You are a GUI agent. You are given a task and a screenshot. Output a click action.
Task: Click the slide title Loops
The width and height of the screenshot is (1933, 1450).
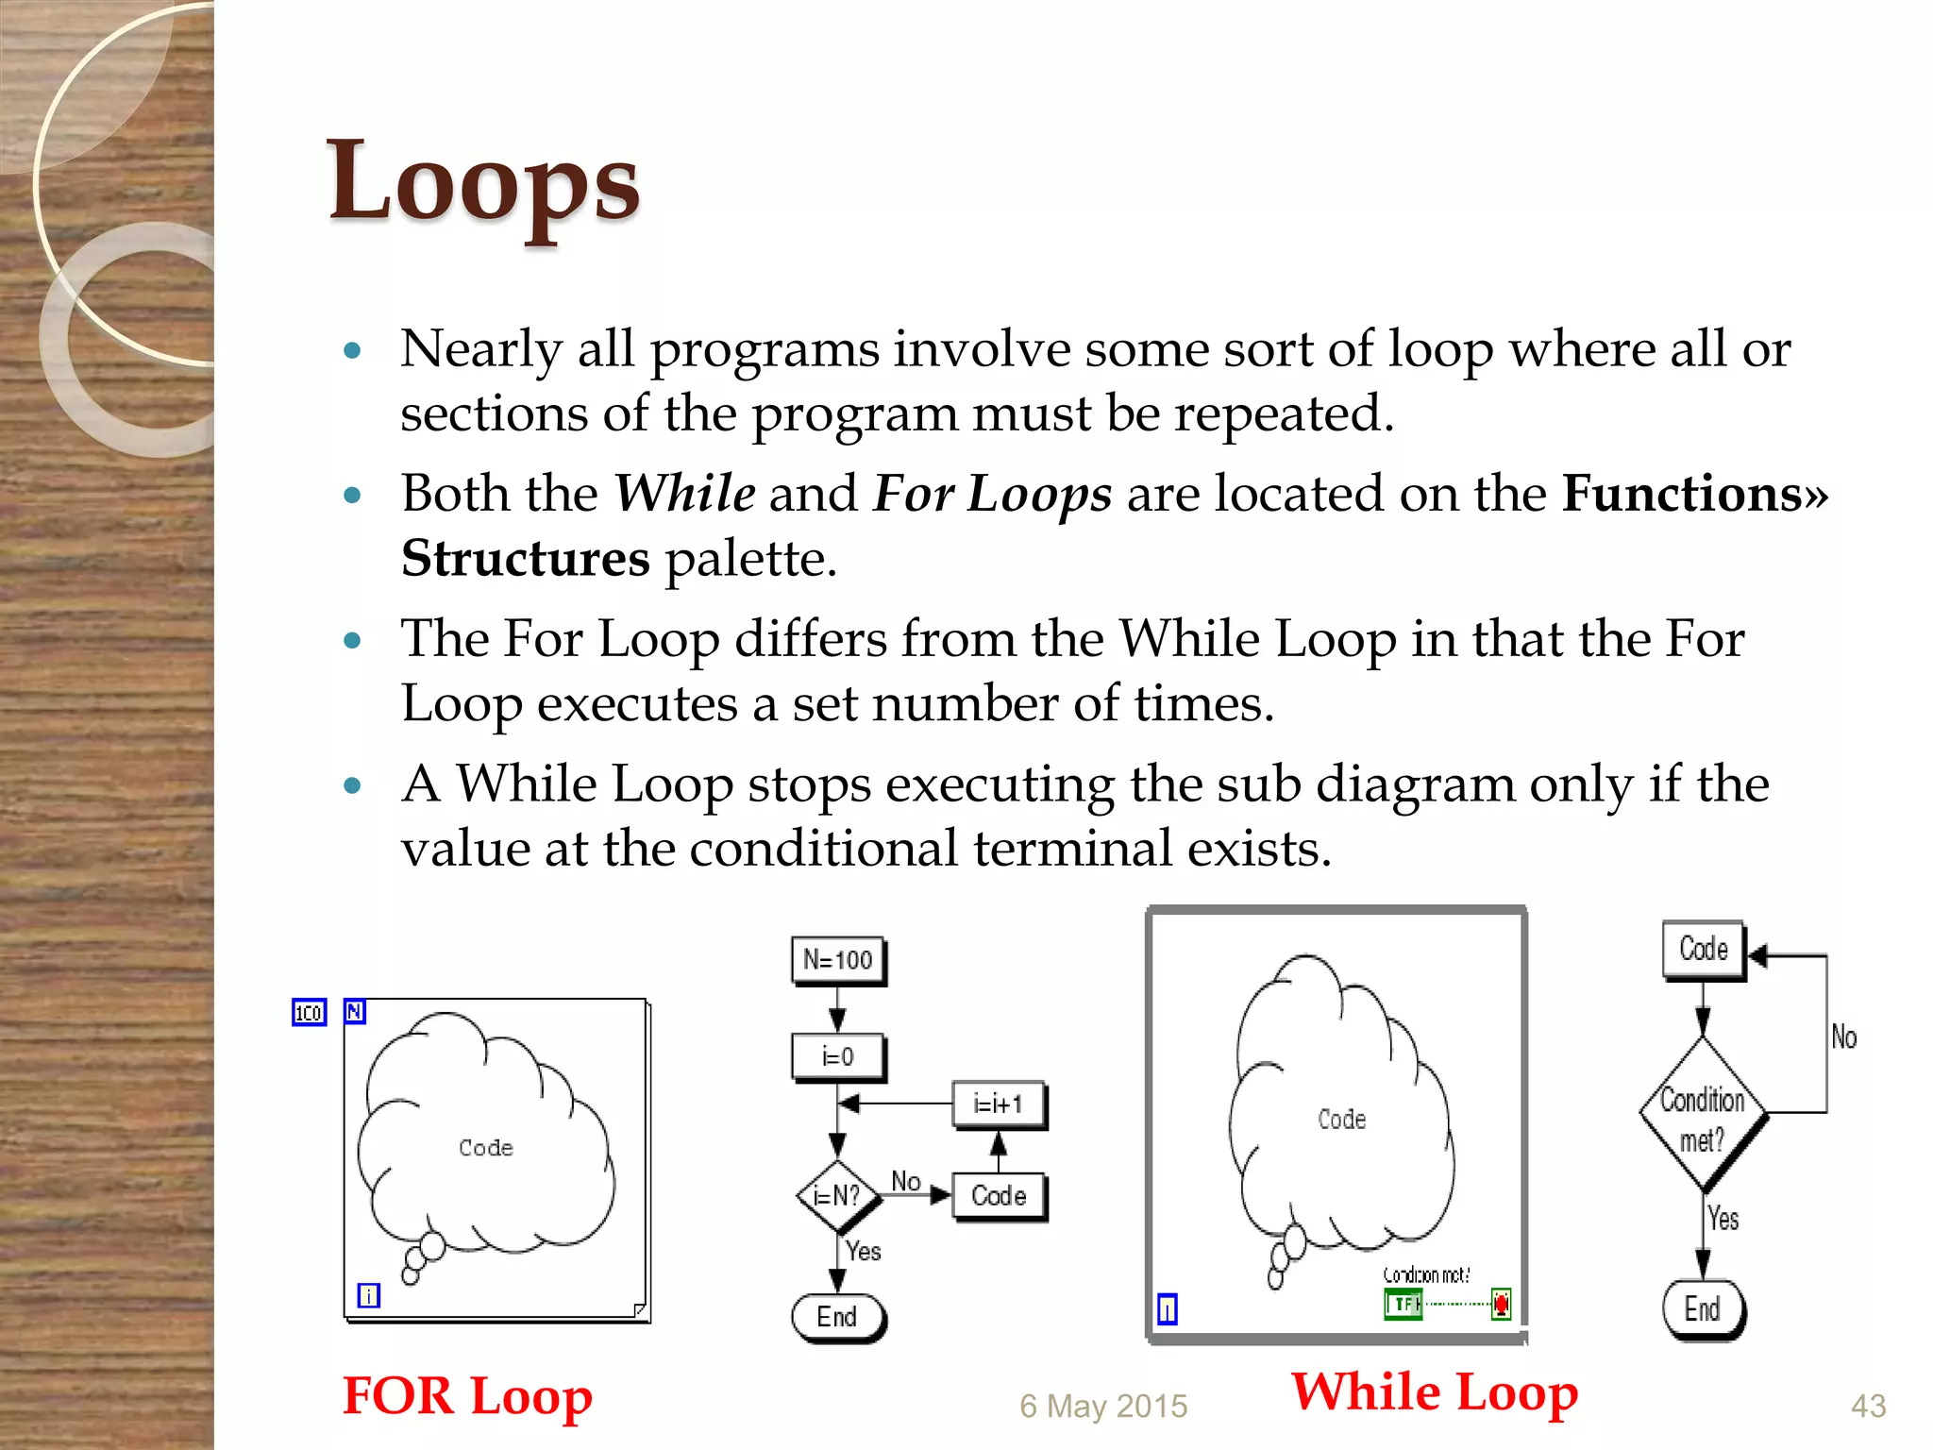pos(483,181)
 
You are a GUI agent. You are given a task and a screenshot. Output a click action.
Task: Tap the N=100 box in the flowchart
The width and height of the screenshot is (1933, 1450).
pos(837,960)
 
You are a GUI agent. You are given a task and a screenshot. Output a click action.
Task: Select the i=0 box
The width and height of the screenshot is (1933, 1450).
pos(837,1056)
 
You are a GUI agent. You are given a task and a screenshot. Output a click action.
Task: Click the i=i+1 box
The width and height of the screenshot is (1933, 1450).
pos(998,1104)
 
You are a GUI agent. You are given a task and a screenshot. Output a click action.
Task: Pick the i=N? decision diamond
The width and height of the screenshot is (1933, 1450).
pos(837,1196)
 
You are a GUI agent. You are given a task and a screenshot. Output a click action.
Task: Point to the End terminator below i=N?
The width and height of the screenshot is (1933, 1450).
pos(837,1316)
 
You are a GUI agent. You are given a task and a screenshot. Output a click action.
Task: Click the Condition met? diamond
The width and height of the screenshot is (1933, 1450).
pos(1703,1114)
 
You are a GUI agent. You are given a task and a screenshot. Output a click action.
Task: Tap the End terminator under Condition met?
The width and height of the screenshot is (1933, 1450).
pos(1703,1308)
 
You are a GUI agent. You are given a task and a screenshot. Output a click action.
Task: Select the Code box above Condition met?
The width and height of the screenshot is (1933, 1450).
pos(1704,949)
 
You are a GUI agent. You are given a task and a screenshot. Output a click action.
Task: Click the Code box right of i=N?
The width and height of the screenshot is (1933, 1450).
pos(999,1196)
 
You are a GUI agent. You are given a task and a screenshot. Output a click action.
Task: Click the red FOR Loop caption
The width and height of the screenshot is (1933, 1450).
pos(467,1396)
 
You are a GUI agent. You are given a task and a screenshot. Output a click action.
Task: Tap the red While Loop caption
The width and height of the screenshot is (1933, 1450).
pos(1435,1391)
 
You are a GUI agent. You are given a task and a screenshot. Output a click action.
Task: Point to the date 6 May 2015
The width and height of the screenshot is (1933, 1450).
pos(1103,1406)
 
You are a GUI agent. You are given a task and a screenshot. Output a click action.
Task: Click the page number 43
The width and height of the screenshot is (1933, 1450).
pos(1868,1406)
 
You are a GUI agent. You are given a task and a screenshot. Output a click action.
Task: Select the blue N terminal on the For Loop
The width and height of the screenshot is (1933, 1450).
pos(355,1011)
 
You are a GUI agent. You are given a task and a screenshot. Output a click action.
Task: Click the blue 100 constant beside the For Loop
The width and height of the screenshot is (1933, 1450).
pos(309,1013)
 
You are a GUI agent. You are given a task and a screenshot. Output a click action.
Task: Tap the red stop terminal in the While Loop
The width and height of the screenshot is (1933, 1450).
pos(1501,1305)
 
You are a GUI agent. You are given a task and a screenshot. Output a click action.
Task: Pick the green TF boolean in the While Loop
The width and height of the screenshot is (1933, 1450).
pos(1403,1305)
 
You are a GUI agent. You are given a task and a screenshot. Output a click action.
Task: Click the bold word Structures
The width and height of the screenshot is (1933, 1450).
pos(526,558)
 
